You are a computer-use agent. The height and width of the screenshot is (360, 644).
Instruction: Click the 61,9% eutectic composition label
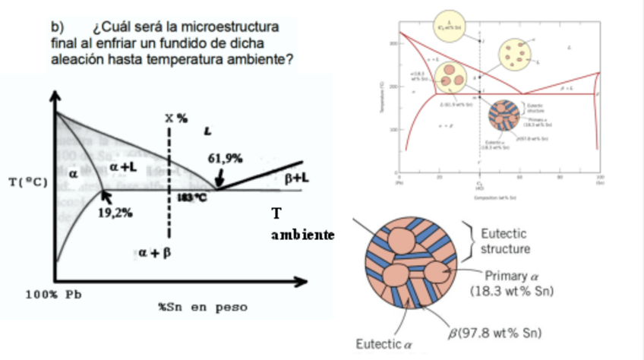[x=225, y=158]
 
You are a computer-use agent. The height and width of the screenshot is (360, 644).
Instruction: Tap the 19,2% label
[x=115, y=213]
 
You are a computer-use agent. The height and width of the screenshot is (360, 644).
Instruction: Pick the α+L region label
[x=123, y=166]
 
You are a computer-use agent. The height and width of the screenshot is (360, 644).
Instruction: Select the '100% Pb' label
[x=53, y=295]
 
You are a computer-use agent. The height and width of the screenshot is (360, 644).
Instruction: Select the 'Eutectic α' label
[x=382, y=346]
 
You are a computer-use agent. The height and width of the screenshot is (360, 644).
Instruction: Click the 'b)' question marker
[x=56, y=28]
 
